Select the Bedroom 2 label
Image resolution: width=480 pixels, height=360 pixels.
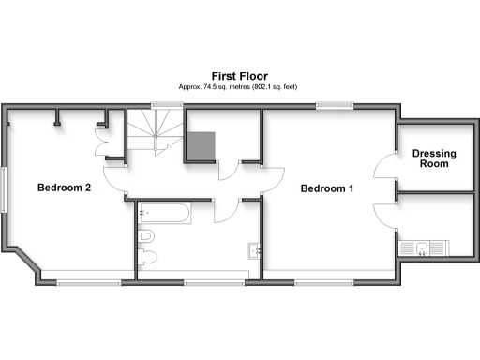point(64,187)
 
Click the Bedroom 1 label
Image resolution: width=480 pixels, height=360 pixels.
point(326,188)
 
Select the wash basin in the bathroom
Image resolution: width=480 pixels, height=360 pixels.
point(254,250)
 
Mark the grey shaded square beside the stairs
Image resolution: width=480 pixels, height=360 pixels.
point(201,145)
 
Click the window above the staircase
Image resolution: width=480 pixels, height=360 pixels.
point(164,105)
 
